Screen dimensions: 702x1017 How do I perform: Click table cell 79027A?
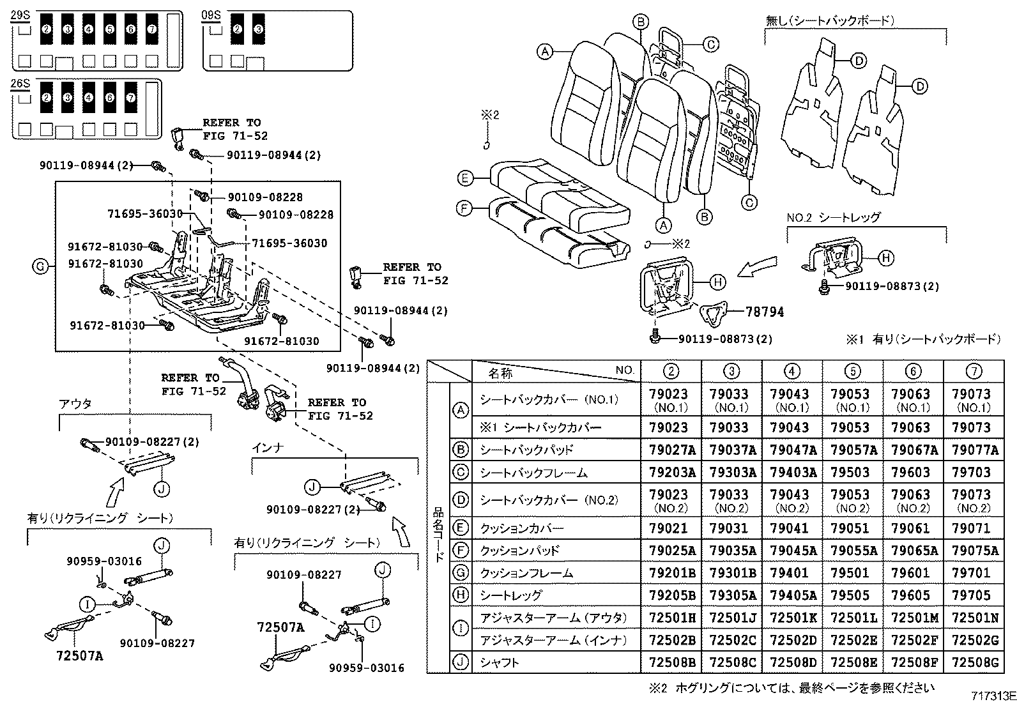click(x=671, y=450)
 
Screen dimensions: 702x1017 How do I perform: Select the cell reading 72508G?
click(x=974, y=662)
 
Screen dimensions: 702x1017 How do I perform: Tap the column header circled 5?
click(x=852, y=370)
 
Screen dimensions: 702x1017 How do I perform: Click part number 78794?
click(x=765, y=312)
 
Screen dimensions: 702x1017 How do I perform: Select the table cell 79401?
click(x=791, y=573)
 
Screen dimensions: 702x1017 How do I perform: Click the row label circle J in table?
click(x=460, y=662)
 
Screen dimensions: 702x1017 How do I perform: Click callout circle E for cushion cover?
click(x=465, y=178)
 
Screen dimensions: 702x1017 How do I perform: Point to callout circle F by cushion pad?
click(x=465, y=208)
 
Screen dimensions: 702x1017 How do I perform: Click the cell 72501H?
click(x=671, y=618)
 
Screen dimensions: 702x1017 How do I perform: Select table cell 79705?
click(x=974, y=595)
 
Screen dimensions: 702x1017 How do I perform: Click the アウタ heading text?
click(x=75, y=404)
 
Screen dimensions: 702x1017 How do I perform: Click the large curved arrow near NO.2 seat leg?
click(x=758, y=267)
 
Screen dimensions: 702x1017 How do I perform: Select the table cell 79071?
click(x=974, y=528)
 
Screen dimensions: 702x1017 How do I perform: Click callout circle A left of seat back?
click(x=544, y=51)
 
